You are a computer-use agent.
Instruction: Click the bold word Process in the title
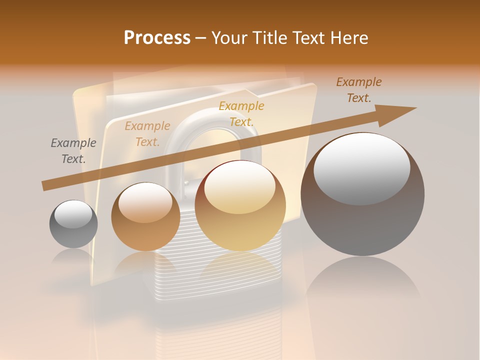[x=157, y=38]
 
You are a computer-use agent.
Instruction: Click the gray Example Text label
[x=73, y=151]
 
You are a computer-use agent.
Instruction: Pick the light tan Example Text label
[x=147, y=134]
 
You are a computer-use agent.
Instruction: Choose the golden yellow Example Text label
[x=241, y=113]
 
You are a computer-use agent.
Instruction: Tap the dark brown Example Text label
[x=358, y=90]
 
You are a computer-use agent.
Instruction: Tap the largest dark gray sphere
[x=362, y=220]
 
